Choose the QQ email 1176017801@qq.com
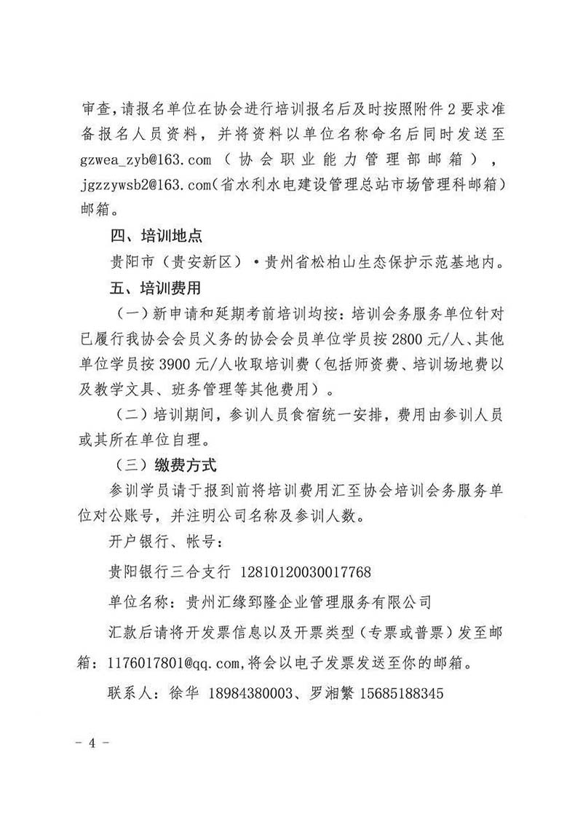(x=178, y=663)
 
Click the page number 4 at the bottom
(x=92, y=744)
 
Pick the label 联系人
(x=130, y=694)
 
